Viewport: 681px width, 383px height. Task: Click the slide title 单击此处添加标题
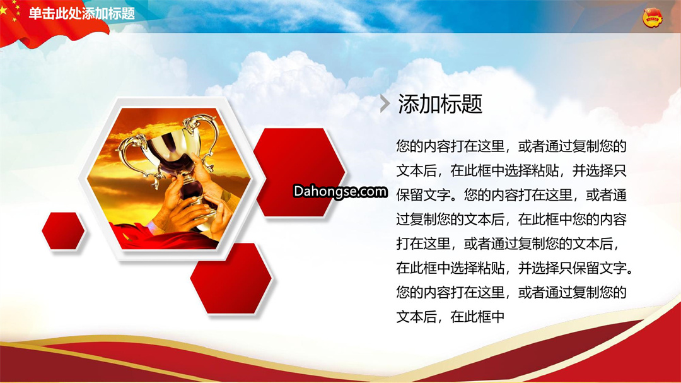[x=81, y=13]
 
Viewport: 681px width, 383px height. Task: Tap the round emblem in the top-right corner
[x=653, y=18]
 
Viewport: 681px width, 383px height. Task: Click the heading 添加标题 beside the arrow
[x=440, y=104]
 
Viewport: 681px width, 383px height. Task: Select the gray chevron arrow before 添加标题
[x=385, y=103]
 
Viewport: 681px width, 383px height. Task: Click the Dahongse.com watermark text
[x=340, y=191]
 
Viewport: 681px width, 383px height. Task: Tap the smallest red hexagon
[x=64, y=231]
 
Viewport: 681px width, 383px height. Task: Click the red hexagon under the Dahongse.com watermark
[x=300, y=172]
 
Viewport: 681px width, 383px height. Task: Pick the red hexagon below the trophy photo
[x=231, y=278]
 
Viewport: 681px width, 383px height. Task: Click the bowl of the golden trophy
[x=171, y=146]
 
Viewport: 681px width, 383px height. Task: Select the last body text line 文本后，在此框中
[x=450, y=317]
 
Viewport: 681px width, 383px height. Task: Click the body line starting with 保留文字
[x=511, y=195]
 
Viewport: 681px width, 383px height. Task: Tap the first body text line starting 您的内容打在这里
[x=511, y=146]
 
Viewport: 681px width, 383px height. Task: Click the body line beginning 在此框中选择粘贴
[x=515, y=268]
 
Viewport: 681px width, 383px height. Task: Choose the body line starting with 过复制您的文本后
[x=511, y=219]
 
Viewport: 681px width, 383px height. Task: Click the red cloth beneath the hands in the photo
[x=165, y=239]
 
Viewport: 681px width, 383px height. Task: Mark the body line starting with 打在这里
[x=508, y=244]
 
